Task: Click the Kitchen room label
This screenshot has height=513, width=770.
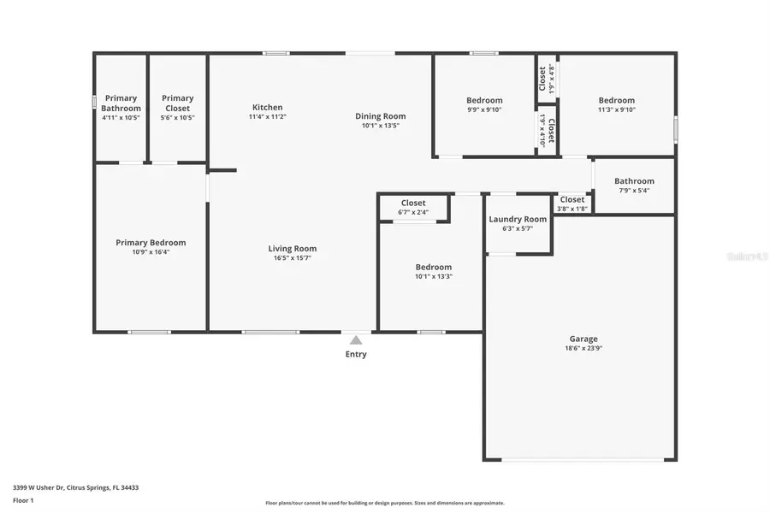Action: pyautogui.click(x=267, y=108)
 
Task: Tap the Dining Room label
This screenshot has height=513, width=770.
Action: pyautogui.click(x=381, y=116)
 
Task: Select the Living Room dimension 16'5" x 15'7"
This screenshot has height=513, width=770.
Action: pyautogui.click(x=293, y=258)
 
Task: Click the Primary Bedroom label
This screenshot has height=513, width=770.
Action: pyautogui.click(x=151, y=243)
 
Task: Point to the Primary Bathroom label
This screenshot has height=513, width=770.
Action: pyautogui.click(x=121, y=103)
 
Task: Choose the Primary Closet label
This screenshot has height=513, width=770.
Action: pyautogui.click(x=177, y=103)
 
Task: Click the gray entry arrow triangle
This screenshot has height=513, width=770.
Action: pyautogui.click(x=356, y=340)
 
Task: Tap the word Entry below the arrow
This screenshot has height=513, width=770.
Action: pyautogui.click(x=356, y=355)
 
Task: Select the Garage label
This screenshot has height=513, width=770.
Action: pyautogui.click(x=584, y=339)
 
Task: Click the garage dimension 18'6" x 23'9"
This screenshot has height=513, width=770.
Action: pyautogui.click(x=584, y=349)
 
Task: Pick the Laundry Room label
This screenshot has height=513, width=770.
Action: pyautogui.click(x=518, y=220)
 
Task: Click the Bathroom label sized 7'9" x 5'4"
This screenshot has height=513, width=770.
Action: pyautogui.click(x=634, y=181)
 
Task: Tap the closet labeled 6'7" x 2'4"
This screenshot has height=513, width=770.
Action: pyautogui.click(x=413, y=208)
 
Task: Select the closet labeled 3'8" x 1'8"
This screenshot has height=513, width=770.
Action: pyautogui.click(x=572, y=204)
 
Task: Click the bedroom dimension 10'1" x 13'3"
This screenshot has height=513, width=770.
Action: pyautogui.click(x=434, y=276)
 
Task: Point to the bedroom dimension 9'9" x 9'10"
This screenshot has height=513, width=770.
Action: pyautogui.click(x=484, y=109)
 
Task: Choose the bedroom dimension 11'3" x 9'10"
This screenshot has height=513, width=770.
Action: pyautogui.click(x=616, y=109)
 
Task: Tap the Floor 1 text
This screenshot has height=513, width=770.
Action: pyautogui.click(x=23, y=500)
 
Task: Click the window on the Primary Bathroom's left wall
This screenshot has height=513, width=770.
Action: pyautogui.click(x=94, y=102)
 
